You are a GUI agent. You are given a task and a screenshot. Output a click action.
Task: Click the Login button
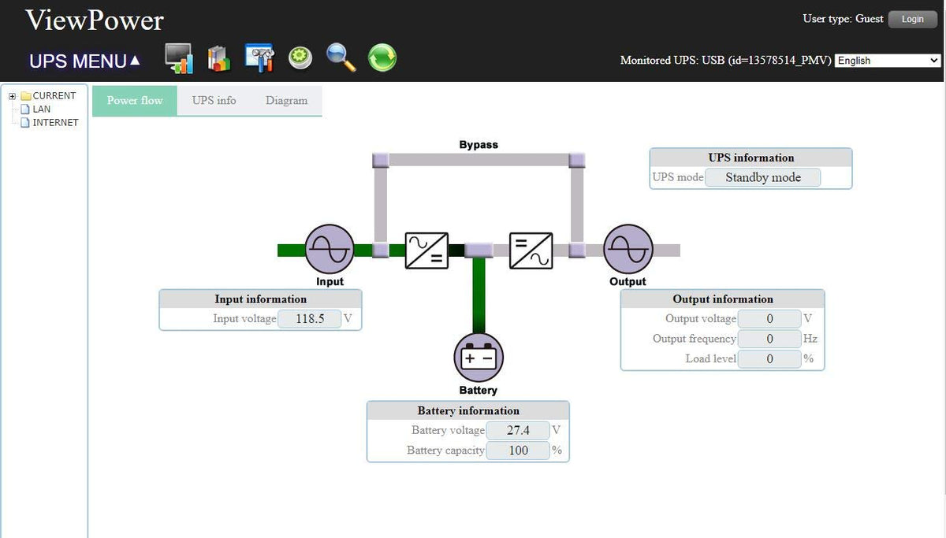tap(912, 19)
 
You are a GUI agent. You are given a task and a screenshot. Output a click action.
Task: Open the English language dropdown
tap(888, 61)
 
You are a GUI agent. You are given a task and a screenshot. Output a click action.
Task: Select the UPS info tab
tap(214, 101)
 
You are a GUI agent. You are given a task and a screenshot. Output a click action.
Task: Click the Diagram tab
tap(286, 101)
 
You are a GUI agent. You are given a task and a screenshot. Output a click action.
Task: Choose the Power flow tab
tap(135, 101)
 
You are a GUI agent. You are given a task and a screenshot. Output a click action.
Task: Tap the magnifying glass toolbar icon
tap(341, 58)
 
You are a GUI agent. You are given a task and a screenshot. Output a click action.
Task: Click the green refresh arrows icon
tap(382, 58)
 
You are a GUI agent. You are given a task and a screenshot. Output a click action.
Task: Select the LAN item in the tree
tap(41, 109)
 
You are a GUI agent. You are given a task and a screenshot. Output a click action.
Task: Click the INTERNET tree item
tap(55, 123)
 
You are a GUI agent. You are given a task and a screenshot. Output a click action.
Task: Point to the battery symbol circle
tap(478, 357)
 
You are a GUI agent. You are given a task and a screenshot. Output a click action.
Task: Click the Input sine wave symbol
tap(329, 249)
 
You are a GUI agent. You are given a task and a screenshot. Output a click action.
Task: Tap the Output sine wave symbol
tap(628, 249)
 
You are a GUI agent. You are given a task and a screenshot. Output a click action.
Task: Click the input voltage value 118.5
tap(310, 319)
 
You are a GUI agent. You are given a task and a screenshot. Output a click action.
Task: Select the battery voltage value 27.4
tap(518, 431)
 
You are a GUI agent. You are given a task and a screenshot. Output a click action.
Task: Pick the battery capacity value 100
tap(518, 451)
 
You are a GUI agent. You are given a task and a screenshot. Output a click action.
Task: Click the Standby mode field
tap(762, 178)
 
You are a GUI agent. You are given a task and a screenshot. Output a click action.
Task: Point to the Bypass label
tap(479, 145)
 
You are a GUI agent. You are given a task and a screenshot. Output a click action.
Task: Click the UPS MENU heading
tap(84, 61)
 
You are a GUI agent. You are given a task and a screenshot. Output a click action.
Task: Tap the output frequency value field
tap(769, 339)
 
